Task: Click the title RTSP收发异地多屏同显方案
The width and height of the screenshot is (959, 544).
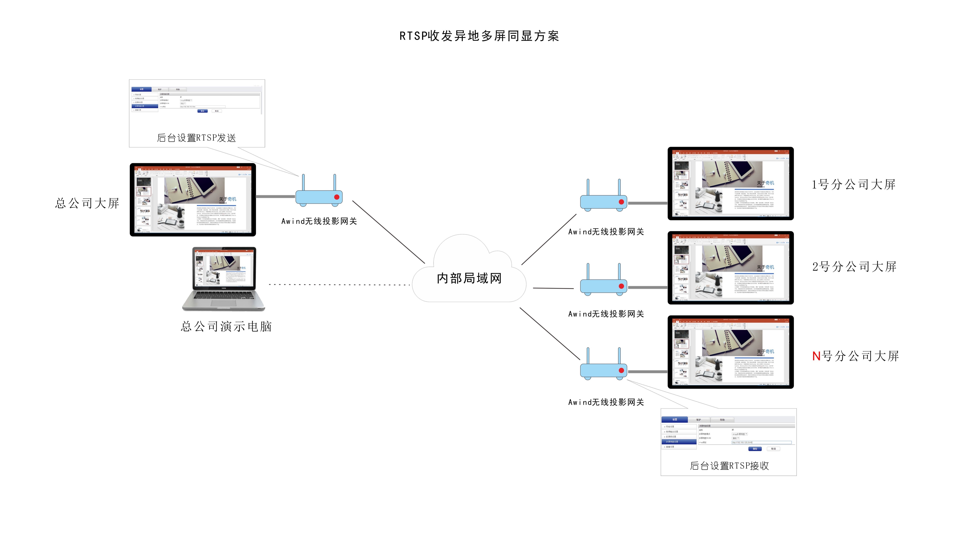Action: click(479, 36)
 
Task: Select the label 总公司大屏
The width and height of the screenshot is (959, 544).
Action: click(87, 203)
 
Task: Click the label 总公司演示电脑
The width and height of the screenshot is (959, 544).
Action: click(226, 327)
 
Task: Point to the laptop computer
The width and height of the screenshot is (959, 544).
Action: click(224, 278)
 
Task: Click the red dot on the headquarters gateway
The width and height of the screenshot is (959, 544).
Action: click(336, 197)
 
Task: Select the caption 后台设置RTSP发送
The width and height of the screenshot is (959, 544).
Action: click(196, 138)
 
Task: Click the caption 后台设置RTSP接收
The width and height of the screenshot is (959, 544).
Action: click(729, 466)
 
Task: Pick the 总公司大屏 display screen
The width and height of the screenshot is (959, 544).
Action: click(193, 199)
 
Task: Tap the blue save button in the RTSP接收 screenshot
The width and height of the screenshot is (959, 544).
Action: click(754, 449)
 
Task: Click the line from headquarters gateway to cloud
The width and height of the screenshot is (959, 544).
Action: click(388, 232)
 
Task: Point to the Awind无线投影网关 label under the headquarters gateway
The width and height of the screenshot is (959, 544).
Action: click(319, 221)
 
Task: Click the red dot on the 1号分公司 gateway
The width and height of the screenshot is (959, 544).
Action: click(621, 202)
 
